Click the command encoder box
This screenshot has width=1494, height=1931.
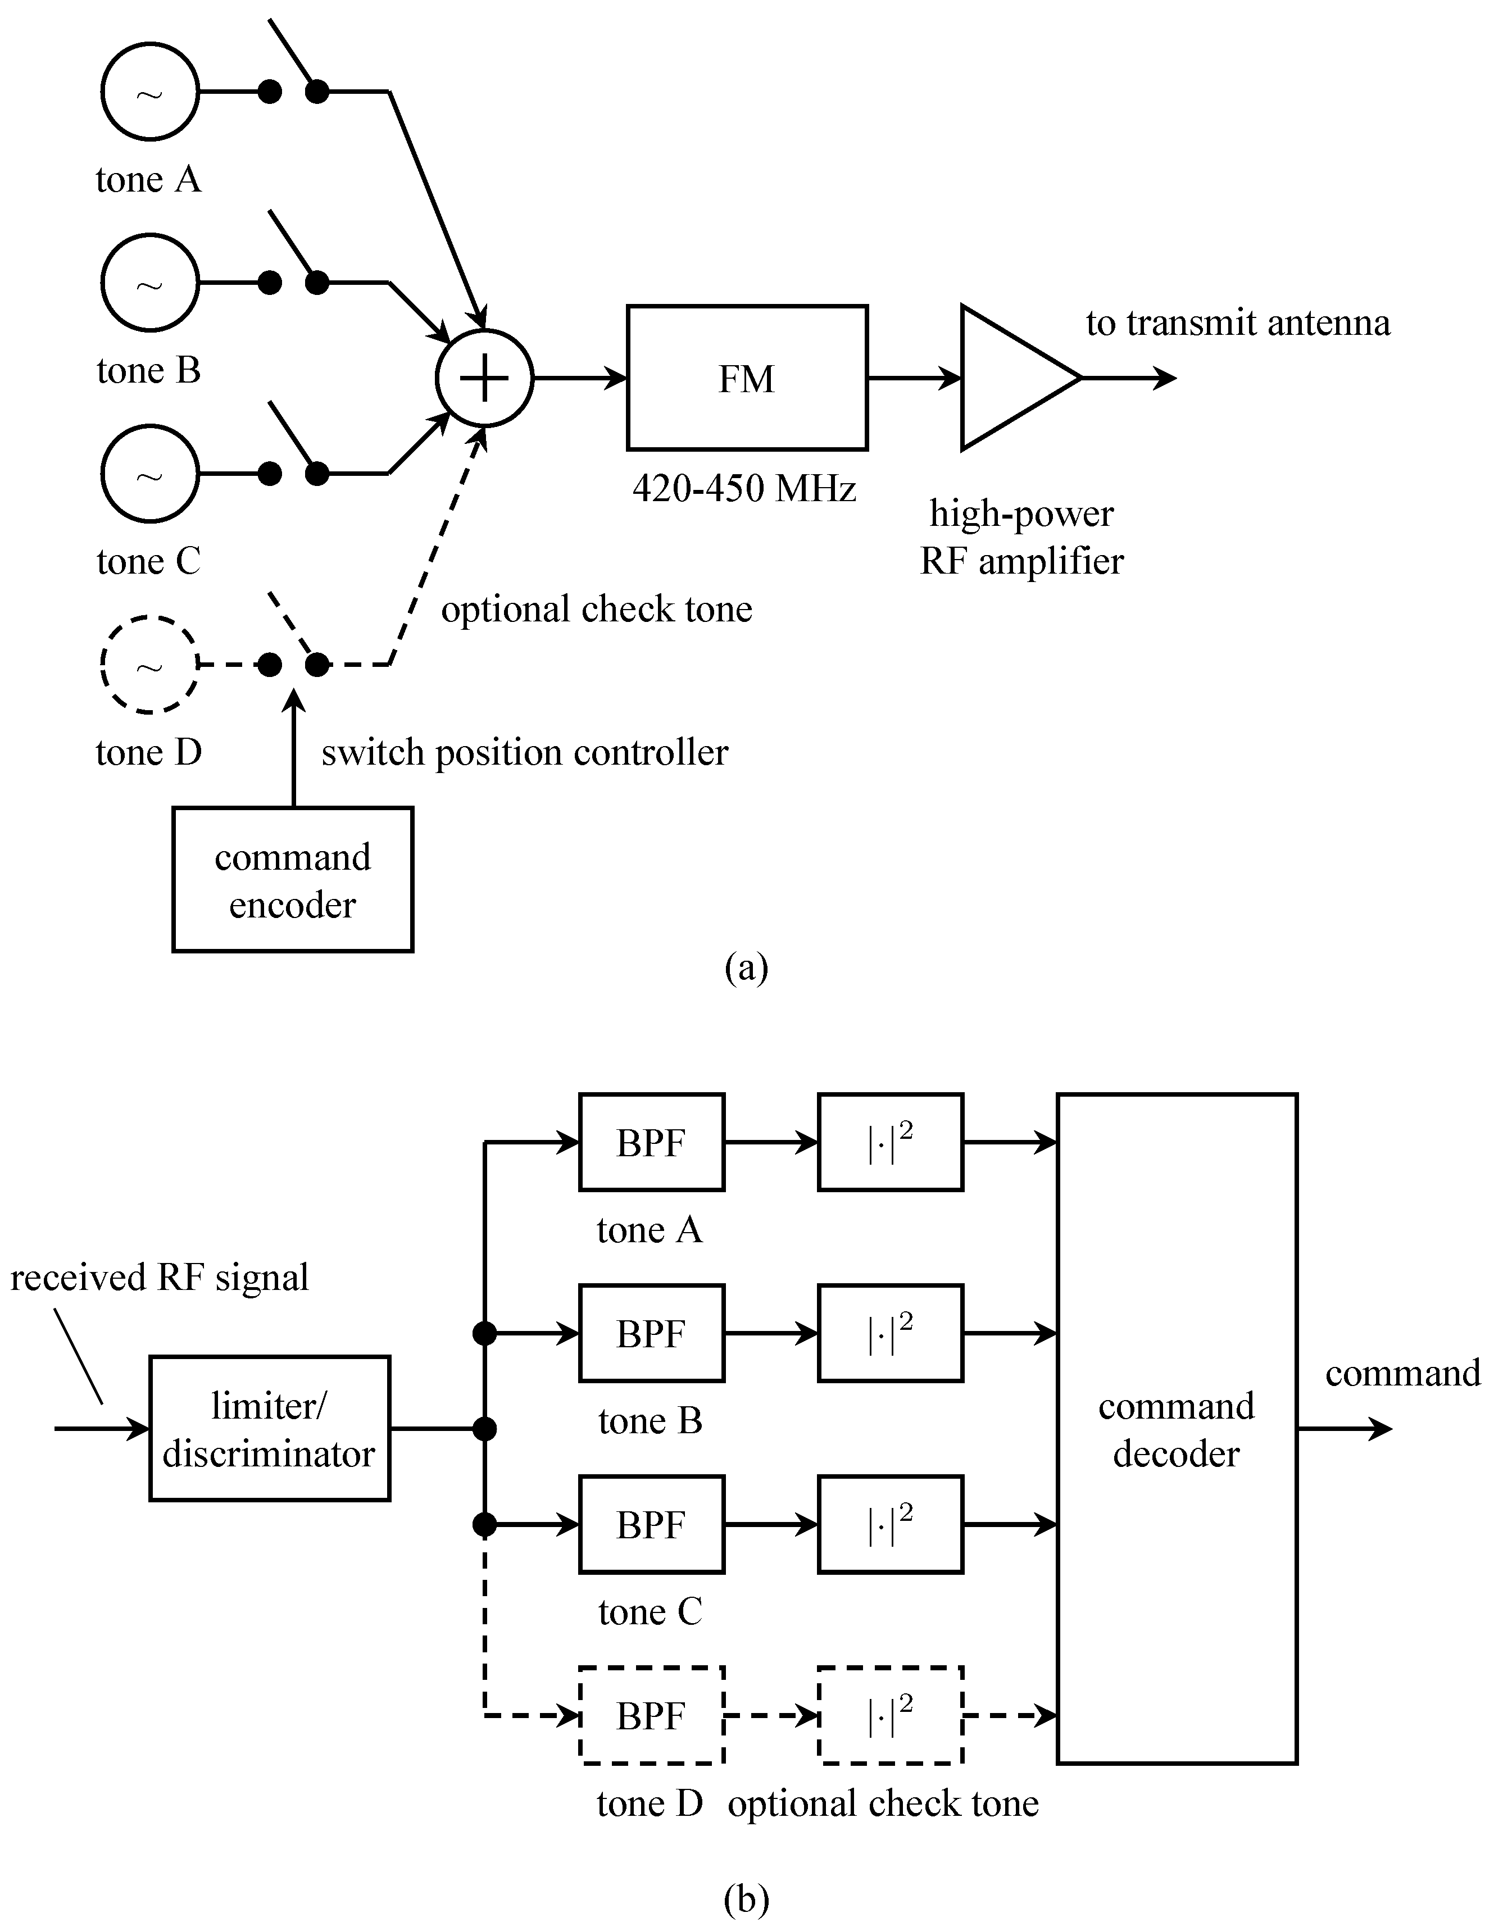pos(293,880)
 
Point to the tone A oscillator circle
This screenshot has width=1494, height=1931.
pos(149,92)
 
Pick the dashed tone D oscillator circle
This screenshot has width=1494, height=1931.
pos(149,665)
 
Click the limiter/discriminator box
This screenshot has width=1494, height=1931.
pos(270,1429)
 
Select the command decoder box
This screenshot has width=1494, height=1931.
pos(1177,1429)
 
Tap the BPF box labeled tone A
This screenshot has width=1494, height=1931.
pos(652,1142)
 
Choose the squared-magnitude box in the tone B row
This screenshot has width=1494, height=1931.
pos(890,1333)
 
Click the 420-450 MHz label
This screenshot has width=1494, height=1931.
pos(744,488)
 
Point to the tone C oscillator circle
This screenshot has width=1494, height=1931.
pos(149,474)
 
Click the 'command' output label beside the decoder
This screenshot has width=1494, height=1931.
pos(1402,1373)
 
